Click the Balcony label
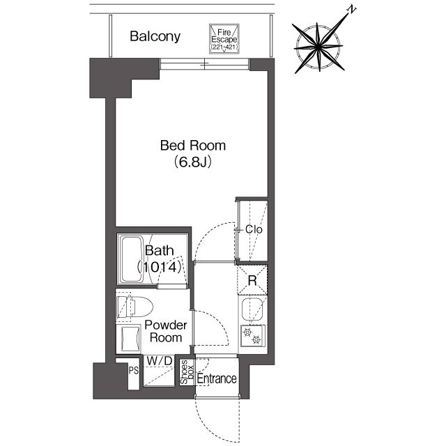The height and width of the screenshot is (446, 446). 155,36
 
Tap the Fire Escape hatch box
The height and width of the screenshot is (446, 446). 224,39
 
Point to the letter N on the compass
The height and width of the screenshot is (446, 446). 352,10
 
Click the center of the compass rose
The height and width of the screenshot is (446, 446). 319,47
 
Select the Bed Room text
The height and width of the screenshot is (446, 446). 193,146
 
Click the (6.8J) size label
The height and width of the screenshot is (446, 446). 193,162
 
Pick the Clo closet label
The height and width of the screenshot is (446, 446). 254,229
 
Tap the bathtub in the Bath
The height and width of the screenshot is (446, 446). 131,259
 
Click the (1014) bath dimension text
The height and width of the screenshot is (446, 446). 160,268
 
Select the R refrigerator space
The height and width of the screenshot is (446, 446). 252,280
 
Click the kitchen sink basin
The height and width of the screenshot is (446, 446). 252,309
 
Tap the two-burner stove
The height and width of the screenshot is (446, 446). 253,336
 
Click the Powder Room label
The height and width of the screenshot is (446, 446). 166,332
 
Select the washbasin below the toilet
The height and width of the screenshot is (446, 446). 128,339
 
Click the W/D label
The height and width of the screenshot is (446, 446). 160,361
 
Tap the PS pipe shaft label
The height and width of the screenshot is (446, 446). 133,371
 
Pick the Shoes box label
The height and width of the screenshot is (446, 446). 187,372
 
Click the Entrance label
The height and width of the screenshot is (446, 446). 217,378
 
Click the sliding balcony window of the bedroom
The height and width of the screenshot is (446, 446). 204,64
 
